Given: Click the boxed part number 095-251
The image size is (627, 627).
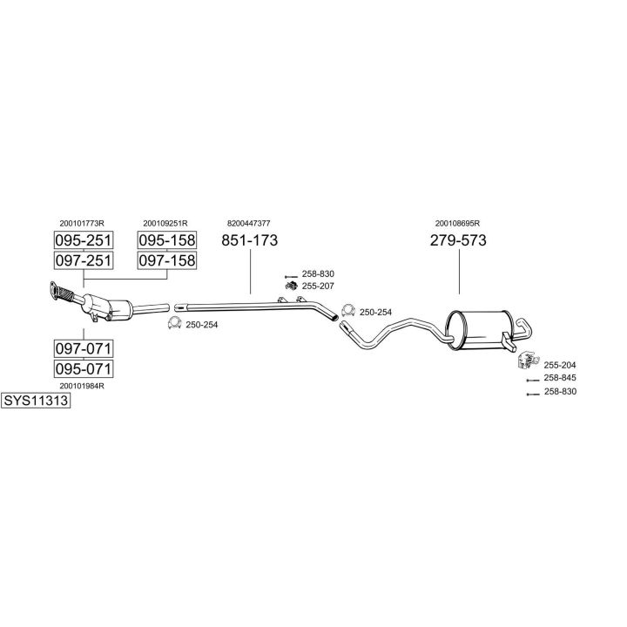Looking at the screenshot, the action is coord(84,240).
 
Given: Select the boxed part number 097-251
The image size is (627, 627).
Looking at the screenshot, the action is coord(84,260).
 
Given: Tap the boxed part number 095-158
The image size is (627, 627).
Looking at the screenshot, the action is coord(167,240).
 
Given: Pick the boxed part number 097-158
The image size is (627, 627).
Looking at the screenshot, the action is coord(167,260).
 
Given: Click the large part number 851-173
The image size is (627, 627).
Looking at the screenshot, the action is coord(250,240).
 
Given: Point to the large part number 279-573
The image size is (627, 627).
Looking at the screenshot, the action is coord(458,240).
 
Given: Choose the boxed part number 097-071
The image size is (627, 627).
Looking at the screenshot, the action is coord(84,348).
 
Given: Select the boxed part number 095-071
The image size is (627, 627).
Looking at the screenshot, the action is coord(84,368).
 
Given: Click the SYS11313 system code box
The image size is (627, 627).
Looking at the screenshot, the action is coord(36,401).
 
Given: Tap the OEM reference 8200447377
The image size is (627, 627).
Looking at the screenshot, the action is coord(249,223).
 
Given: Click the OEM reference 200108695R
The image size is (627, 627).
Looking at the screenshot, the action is coord(457,223).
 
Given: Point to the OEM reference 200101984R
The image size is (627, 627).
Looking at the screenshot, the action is coord(82,386).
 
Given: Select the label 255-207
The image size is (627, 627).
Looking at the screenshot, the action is coord(318,286).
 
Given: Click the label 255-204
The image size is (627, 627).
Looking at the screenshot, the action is coord(560,365).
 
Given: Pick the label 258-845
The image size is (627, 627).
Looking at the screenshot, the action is coord(560,377).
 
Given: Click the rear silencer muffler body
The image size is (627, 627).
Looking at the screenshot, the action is coord(480,329).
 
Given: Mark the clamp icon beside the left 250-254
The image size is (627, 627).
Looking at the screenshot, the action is coord(175,323).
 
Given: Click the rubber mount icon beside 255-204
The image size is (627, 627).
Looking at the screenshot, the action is coord(527,360).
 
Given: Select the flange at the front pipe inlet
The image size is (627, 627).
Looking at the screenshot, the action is coord(54,290).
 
